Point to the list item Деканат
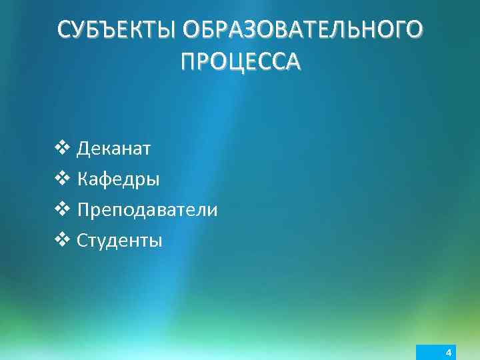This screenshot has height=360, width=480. click(114, 148)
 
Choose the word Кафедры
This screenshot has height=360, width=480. click(118, 179)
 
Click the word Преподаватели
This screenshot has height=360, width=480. click(147, 210)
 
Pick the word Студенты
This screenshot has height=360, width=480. click(119, 240)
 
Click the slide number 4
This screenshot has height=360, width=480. click(449, 352)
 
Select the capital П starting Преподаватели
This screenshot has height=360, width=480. click(84, 210)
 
